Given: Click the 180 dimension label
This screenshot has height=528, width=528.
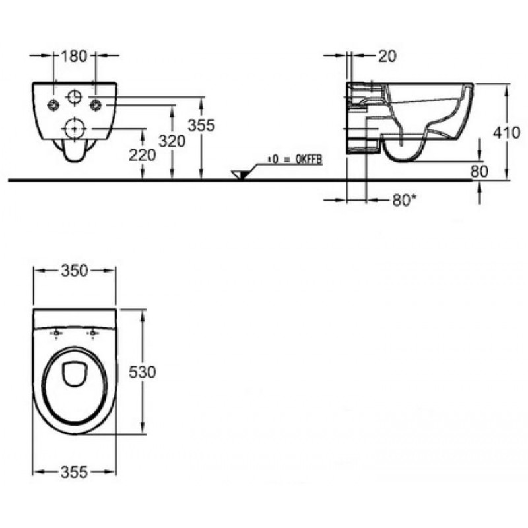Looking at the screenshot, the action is coord(74,56).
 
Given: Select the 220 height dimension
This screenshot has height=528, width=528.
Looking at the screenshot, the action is coord(143,155).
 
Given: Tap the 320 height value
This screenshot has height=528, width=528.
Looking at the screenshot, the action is coord(172,141).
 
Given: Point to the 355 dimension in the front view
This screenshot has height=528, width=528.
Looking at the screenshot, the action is coord(201,125).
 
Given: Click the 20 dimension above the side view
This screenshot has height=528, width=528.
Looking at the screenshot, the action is coord(387,56).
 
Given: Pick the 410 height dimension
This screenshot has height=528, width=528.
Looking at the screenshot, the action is coord(507,133).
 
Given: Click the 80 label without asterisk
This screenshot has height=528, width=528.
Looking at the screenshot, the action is coord(479,172).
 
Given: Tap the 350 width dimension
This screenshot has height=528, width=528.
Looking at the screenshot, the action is coord(75,271).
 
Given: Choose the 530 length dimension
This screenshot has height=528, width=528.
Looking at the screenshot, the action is coord(143,372).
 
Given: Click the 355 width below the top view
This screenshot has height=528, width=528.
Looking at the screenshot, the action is coord(74,472).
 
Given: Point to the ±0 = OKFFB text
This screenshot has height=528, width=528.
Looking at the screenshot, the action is coord(295,160).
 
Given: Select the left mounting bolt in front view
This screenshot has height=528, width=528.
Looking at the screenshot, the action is coord(53,105).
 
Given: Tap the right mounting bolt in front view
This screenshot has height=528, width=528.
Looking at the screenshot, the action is coord(95,105).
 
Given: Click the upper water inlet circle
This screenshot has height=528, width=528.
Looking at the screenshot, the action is coord(75,97).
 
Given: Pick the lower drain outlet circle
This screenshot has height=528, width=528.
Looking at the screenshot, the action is coord(75,128).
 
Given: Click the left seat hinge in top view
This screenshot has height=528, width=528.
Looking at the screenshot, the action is coord(56,333).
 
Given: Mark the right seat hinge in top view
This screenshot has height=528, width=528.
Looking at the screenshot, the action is coord(92,333).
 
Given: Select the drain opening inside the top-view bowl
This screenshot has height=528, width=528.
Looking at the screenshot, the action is coord(75,374).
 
